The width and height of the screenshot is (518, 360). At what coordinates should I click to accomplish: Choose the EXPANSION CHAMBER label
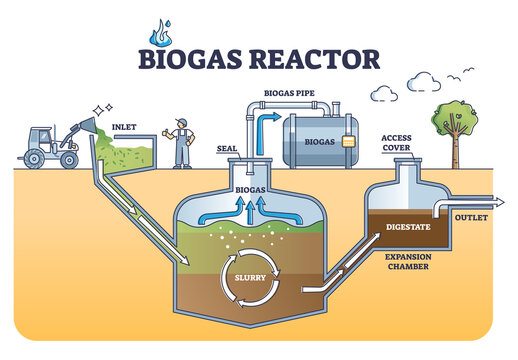407,263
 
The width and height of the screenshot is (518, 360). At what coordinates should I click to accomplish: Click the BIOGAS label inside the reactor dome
249,187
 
